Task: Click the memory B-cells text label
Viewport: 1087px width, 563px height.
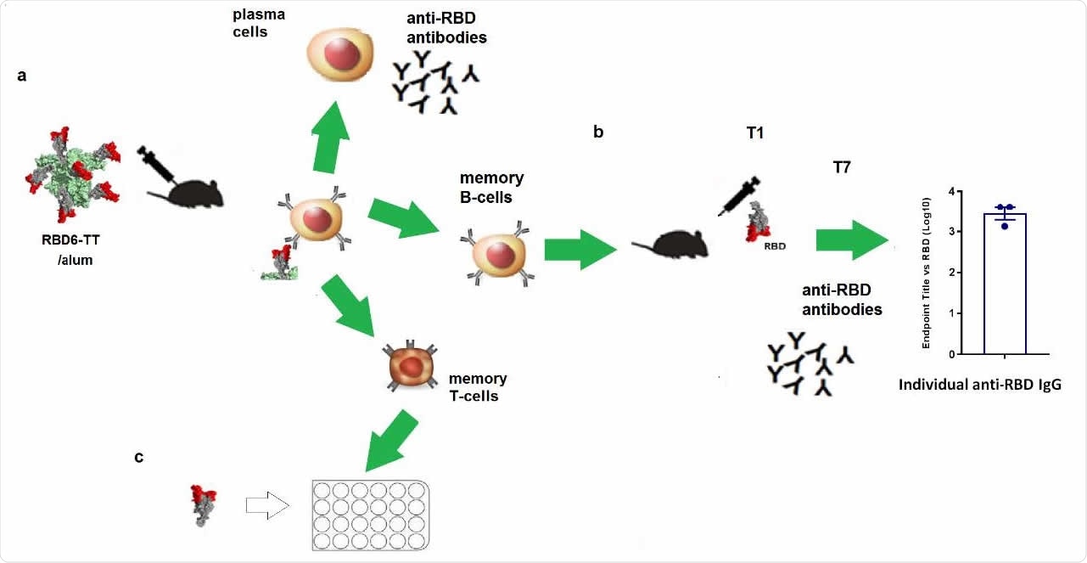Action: coord(491,187)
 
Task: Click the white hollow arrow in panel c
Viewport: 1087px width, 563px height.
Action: coord(266,505)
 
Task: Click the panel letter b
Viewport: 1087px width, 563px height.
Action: coord(598,132)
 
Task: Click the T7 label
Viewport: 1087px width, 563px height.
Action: coord(841,167)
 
